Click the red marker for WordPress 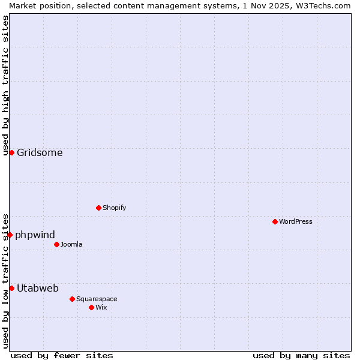tap(275, 221)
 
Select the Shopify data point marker tap(98, 208)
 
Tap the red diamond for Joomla tap(56, 244)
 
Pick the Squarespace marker tap(72, 299)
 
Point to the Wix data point tap(91, 307)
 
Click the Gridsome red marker tap(11, 152)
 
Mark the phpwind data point tap(10, 235)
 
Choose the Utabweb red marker tap(11, 288)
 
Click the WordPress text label tap(296, 221)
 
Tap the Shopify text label tap(114, 208)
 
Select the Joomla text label tap(71, 244)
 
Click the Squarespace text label tap(97, 299)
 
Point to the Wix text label tap(101, 307)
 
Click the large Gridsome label tap(40, 152)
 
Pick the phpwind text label tap(35, 235)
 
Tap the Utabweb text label tap(38, 288)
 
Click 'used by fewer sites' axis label tap(62, 355)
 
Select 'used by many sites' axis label tap(301, 355)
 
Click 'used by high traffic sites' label tap(5, 85)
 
